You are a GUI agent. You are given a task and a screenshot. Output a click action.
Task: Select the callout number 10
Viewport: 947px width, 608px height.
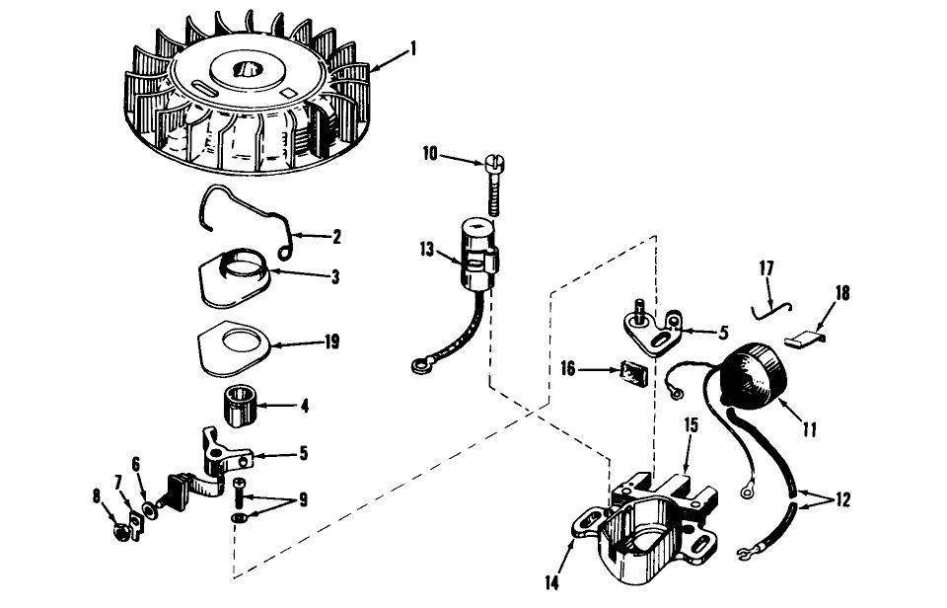(430, 155)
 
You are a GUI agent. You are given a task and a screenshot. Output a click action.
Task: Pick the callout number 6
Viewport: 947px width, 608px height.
(137, 462)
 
